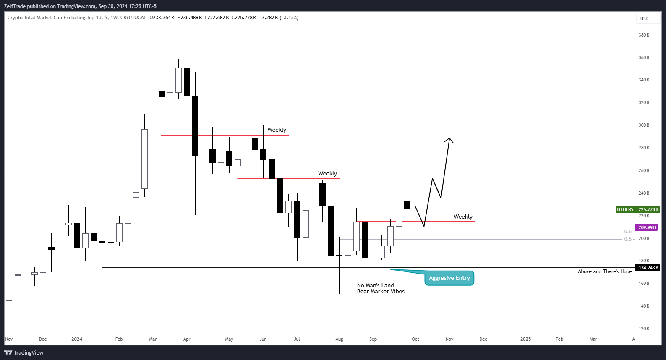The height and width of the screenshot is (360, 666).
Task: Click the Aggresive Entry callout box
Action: click(x=449, y=278)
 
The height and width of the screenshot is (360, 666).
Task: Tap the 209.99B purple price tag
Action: click(x=647, y=227)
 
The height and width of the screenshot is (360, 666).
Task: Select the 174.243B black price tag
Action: click(x=648, y=268)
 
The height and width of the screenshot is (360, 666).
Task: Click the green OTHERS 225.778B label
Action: click(x=637, y=209)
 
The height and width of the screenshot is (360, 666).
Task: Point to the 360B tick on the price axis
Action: click(x=644, y=57)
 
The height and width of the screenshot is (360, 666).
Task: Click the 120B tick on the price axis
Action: click(x=644, y=329)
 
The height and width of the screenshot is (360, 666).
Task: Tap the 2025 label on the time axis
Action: click(x=525, y=339)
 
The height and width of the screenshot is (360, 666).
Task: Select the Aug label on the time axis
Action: click(x=339, y=339)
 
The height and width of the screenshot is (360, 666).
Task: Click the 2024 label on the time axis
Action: click(x=77, y=339)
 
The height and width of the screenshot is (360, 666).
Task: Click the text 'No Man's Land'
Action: click(x=375, y=285)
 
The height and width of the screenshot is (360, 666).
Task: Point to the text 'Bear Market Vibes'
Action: click(x=381, y=292)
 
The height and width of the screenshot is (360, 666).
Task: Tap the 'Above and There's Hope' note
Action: click(x=605, y=271)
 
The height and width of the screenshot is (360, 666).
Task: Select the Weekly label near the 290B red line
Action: click(x=277, y=130)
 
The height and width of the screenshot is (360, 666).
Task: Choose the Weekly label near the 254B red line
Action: click(x=327, y=174)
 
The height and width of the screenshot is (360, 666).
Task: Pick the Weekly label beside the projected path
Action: click(x=463, y=217)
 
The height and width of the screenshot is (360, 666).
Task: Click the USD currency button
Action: click(x=644, y=18)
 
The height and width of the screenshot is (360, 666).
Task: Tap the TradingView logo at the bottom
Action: click(x=24, y=352)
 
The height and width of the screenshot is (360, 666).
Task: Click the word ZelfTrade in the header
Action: click(x=15, y=6)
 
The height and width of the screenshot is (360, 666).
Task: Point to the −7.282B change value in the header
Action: click(x=269, y=18)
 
